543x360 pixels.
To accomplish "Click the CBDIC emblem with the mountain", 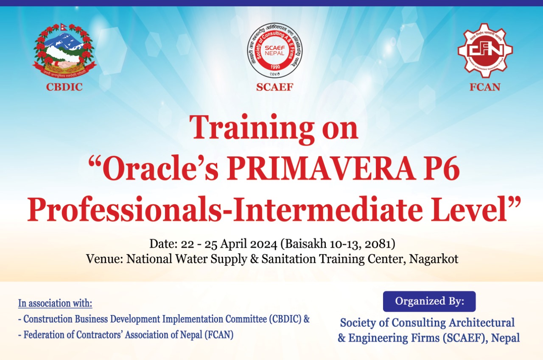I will click(x=64, y=50).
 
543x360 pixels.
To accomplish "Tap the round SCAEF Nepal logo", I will click(x=275, y=50).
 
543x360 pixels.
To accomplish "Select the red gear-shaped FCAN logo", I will click(x=485, y=50).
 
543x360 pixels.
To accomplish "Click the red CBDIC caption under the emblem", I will click(x=64, y=87).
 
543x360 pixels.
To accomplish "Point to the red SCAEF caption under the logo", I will click(x=275, y=87).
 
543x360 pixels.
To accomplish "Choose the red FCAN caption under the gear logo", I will click(x=485, y=87).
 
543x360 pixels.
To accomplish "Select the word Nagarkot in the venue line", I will click(x=434, y=259).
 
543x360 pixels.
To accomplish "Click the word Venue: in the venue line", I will click(x=104, y=259).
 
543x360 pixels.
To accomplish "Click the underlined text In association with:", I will click(x=55, y=304).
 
